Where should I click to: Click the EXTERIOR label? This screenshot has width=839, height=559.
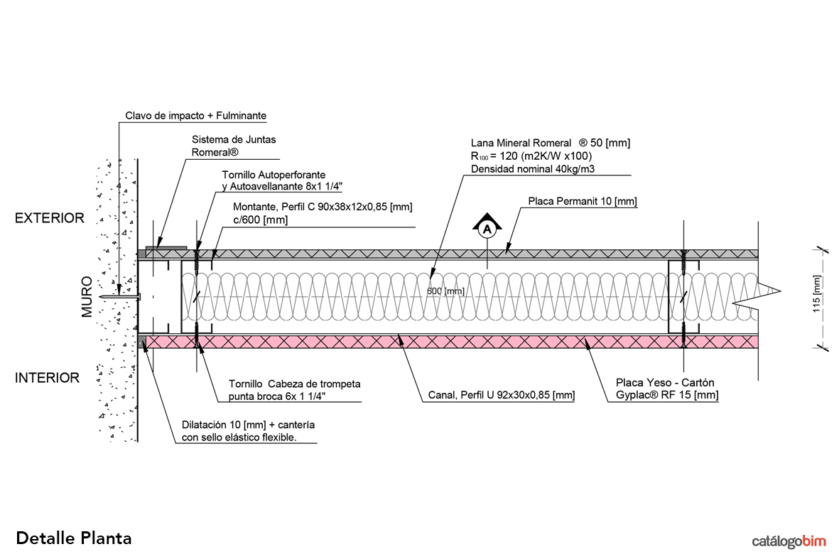click(50, 218)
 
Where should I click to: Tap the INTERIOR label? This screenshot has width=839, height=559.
click(48, 378)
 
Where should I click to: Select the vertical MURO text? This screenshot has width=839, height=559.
click(87, 296)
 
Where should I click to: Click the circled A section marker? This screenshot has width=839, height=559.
click(487, 229)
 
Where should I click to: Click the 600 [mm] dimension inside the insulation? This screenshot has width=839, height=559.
click(445, 291)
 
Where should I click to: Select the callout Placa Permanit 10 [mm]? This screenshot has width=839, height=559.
click(582, 202)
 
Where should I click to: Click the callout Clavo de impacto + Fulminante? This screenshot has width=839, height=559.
click(196, 115)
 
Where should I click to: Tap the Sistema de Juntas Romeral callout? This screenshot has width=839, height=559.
click(224, 146)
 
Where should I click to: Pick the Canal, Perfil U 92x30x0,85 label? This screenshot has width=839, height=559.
click(502, 396)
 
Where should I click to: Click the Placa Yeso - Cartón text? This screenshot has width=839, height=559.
click(662, 384)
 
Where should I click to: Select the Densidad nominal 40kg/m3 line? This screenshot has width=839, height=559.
click(533, 168)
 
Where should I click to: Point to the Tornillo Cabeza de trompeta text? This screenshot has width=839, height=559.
click(294, 384)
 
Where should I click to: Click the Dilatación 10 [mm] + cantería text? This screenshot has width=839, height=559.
click(249, 425)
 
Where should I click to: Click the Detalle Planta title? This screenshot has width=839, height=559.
click(74, 538)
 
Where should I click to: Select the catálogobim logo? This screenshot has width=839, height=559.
click(789, 541)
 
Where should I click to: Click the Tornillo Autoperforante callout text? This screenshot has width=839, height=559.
click(274, 174)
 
